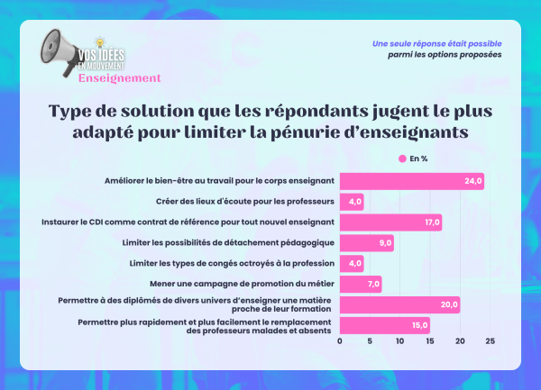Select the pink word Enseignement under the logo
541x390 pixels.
(x=119, y=77)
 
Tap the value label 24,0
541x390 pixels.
(x=473, y=181)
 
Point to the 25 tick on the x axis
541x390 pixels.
(x=490, y=342)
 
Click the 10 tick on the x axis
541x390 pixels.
(x=399, y=342)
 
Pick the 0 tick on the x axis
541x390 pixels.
(x=340, y=342)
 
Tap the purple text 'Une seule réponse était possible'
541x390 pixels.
(x=437, y=43)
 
